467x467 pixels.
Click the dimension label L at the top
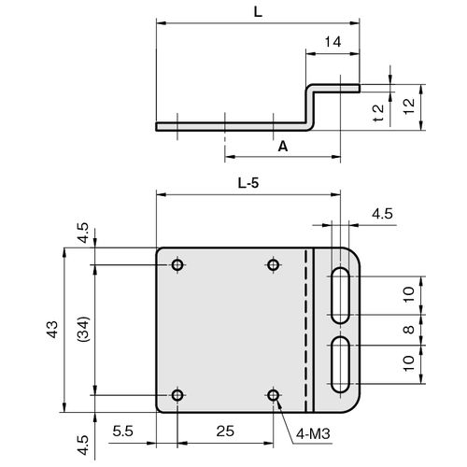coord(258,12)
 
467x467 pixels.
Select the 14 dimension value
coord(333,42)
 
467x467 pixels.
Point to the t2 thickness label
coord(378,113)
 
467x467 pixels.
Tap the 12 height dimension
coord(409,106)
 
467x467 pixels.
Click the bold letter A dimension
coord(283,146)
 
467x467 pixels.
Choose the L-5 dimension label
coord(248,183)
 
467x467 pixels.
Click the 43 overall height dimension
coord(52,330)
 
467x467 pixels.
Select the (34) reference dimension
coord(84,330)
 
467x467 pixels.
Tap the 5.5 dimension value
coord(122,432)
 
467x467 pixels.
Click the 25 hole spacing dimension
coord(225,432)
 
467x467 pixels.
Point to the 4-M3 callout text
coord(313,433)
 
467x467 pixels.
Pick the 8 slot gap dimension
coord(409,330)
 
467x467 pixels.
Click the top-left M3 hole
coord(177,265)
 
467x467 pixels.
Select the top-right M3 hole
coord(273,265)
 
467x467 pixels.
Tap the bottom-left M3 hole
coord(177,395)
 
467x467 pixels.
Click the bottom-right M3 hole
coord(273,395)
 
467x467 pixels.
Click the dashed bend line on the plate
coord(305,330)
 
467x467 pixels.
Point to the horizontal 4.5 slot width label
coord(382,214)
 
